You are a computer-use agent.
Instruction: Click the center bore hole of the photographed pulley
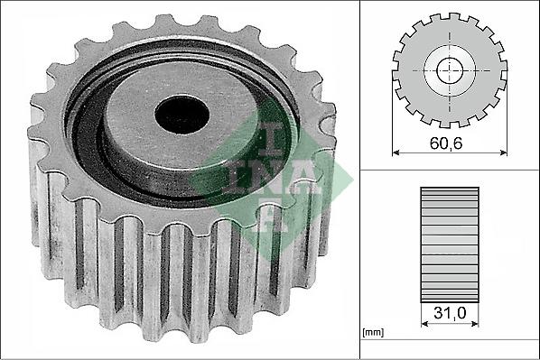182,113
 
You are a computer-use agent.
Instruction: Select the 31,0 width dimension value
449,315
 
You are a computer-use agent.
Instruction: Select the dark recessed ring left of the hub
86,126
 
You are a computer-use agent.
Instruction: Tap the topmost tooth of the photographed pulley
163,22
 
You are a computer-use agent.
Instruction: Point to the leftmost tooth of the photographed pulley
36,135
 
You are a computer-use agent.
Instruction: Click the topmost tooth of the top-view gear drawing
449,17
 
